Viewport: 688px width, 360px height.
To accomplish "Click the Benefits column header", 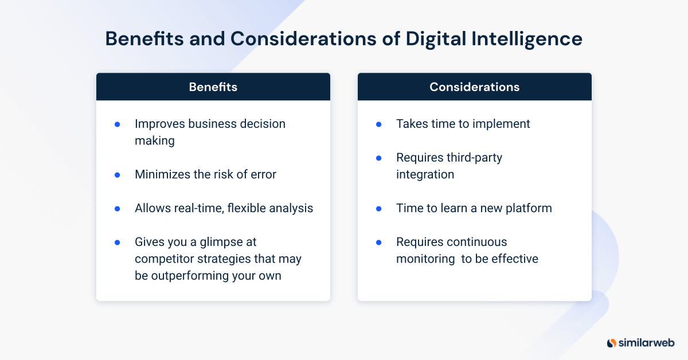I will [x=213, y=87].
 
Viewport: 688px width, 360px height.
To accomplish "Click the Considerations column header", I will [x=474, y=87].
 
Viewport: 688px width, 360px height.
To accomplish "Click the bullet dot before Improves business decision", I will [x=118, y=124].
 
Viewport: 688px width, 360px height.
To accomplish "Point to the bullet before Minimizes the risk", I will [x=118, y=174].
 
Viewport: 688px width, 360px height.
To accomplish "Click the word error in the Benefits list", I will [x=261, y=174].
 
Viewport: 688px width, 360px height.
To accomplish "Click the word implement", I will [x=501, y=124].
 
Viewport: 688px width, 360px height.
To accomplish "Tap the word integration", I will [x=425, y=174].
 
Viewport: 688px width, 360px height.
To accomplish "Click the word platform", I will [x=526, y=208].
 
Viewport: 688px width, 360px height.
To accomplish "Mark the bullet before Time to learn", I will [x=378, y=208].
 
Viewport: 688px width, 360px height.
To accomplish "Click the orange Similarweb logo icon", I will [x=612, y=343].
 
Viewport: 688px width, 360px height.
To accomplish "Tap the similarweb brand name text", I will [x=646, y=343].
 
